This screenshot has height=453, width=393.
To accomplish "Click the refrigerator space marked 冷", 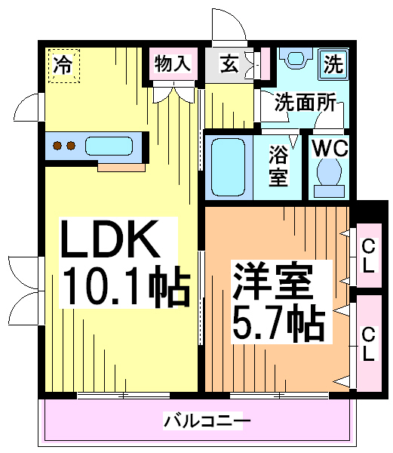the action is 64,66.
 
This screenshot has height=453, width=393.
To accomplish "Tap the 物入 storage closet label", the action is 173,63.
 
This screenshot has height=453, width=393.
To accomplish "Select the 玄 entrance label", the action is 229,63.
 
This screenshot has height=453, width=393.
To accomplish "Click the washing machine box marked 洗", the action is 333,64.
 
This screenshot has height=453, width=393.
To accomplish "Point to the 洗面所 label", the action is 305,102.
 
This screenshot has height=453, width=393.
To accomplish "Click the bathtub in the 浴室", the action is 228,168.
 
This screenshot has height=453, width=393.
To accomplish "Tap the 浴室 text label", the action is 278,166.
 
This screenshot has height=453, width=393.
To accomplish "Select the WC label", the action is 330,148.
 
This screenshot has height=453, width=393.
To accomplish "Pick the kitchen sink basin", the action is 109,146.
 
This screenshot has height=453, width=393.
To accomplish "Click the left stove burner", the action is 57,146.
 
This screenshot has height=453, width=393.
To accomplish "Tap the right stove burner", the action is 71,146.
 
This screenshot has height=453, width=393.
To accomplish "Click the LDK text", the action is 109,239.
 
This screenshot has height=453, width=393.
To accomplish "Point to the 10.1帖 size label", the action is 125,286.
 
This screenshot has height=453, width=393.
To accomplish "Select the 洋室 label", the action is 272,280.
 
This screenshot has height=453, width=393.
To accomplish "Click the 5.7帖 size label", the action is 278,323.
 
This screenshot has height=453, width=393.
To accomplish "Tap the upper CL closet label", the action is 368,256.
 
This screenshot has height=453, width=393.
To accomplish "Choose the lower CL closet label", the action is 368,344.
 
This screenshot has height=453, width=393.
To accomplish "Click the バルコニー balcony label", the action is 207,421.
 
